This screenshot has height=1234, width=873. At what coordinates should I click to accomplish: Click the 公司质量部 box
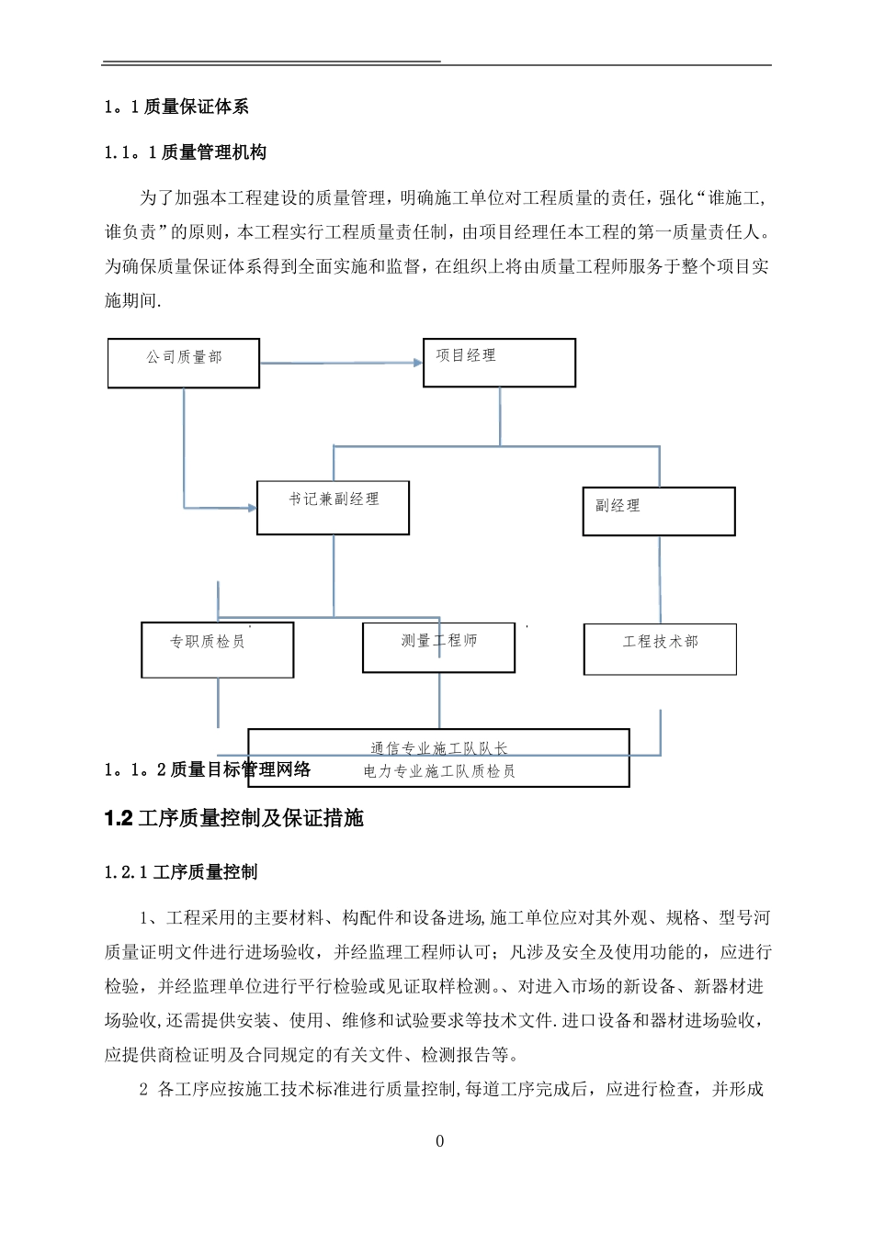(184, 363)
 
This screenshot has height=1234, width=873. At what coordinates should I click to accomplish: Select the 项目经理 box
(499, 363)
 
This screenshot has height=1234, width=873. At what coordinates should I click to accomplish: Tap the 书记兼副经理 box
(333, 508)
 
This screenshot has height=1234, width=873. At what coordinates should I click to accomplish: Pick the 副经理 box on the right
(659, 511)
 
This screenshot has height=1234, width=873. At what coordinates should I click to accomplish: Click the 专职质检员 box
(218, 650)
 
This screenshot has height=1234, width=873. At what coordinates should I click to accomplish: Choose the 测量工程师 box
(438, 647)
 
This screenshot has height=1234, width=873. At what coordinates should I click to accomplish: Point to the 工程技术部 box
(660, 649)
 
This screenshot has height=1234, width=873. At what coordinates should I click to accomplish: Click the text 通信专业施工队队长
(438, 749)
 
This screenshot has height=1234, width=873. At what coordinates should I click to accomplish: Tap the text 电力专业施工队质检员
(438, 771)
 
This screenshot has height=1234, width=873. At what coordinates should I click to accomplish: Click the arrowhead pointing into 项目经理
(416, 363)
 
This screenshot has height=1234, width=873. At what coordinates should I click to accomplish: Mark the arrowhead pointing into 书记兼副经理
(251, 507)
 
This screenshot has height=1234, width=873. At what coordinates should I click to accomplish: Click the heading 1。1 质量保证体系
(177, 107)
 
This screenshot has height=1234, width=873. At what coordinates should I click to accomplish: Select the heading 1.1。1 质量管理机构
(187, 152)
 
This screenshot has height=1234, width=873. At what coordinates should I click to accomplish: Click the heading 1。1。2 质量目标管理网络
(209, 769)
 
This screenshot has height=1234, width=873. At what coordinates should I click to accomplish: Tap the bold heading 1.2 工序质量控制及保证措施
(234, 818)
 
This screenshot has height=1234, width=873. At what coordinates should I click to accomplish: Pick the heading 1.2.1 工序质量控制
(181, 872)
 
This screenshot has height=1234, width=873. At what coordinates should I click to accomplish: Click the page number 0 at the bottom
(439, 1141)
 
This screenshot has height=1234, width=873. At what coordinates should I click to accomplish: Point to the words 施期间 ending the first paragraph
(132, 301)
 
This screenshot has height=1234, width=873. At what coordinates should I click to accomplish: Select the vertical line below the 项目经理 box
(500, 416)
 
